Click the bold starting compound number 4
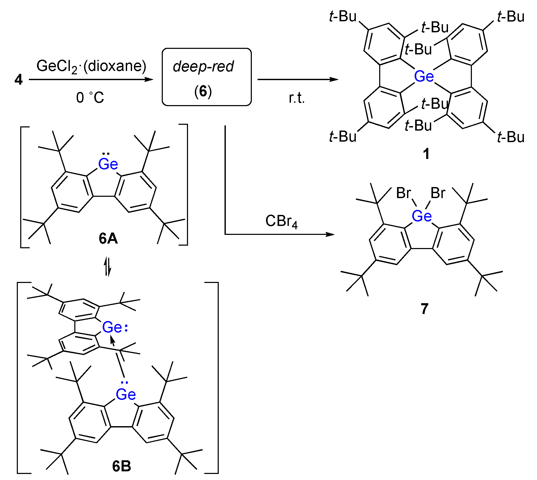pos(18,79)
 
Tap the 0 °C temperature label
pos(90,97)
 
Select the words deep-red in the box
pos(203,66)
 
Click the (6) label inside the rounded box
pos(203,91)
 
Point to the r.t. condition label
pos(296,98)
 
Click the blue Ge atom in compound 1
pos(424,76)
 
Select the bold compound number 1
pos(426,153)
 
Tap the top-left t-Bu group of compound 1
pos(343,16)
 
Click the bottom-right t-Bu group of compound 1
pos(511,137)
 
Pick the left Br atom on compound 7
pos(403,193)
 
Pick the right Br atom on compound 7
pos(438,193)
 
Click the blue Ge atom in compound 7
pos(421,216)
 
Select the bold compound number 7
pos(424,308)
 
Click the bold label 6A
pos(108,238)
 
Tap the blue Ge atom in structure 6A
pos(108,164)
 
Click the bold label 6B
pos(122,466)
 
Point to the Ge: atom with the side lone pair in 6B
pos(112,327)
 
